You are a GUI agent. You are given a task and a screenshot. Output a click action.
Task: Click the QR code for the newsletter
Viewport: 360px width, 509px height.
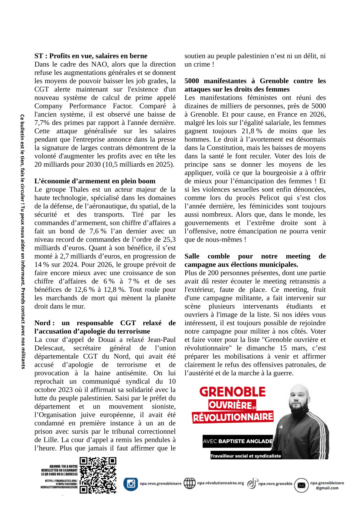click(x=98, y=475)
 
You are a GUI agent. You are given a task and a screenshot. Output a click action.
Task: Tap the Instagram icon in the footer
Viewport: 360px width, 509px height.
click(x=130, y=484)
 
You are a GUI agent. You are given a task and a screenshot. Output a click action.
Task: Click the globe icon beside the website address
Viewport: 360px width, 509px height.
click(x=190, y=483)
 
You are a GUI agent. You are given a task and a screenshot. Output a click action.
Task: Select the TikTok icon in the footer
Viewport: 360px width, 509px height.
click(x=252, y=483)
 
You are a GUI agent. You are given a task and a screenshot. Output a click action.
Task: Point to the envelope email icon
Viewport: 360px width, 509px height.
click(x=301, y=485)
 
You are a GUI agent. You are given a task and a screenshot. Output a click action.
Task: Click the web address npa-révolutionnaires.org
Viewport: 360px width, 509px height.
click(x=220, y=483)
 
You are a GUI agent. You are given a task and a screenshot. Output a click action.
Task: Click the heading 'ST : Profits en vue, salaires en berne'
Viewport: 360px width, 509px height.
click(x=91, y=56)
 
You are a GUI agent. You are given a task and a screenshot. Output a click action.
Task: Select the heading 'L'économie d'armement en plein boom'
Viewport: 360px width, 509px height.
click(x=95, y=181)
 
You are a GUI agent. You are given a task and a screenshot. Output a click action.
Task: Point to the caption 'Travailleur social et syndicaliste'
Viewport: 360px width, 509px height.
click(x=245, y=456)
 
